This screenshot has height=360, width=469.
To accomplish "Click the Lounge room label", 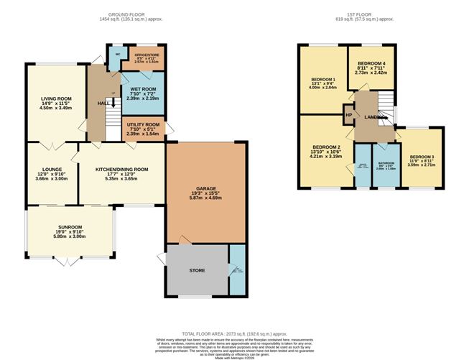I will click(x=51, y=170).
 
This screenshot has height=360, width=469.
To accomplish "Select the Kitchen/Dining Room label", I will click(x=122, y=170).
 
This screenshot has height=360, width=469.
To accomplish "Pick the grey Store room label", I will click(x=198, y=271).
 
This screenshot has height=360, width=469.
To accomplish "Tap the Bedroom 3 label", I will click(x=422, y=157).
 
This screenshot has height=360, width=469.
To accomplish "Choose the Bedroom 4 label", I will click(x=371, y=63).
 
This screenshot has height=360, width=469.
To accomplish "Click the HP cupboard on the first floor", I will click(x=349, y=115).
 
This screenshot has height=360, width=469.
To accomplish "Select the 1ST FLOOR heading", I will click(x=367, y=14).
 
